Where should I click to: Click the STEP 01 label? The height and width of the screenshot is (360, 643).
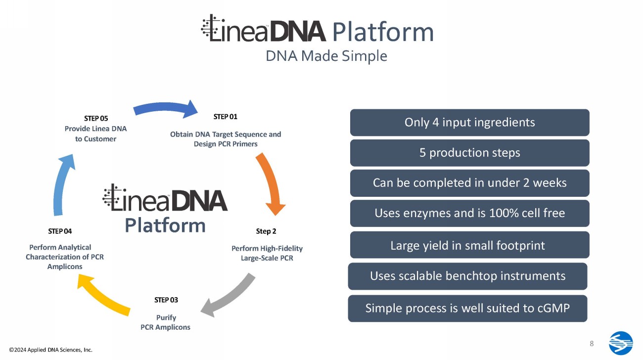[226, 117]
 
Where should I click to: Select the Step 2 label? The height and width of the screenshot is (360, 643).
[266, 231]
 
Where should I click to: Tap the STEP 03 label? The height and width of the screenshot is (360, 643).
[166, 300]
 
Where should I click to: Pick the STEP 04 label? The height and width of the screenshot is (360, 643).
[60, 231]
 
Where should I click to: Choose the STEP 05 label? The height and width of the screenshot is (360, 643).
[96, 118]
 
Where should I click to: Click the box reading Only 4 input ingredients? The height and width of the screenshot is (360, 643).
[469, 122]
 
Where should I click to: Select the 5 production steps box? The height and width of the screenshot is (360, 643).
[469, 153]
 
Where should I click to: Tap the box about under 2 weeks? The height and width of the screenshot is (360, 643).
[469, 183]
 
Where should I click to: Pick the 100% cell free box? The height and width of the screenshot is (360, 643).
[469, 213]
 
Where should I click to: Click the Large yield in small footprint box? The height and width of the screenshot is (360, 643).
[469, 245]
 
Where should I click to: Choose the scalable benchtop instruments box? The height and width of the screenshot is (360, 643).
[467, 276]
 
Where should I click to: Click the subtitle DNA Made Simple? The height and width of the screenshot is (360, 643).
[326, 56]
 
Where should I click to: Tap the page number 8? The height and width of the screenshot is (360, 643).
[592, 344]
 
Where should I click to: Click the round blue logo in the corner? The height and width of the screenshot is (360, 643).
[621, 343]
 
